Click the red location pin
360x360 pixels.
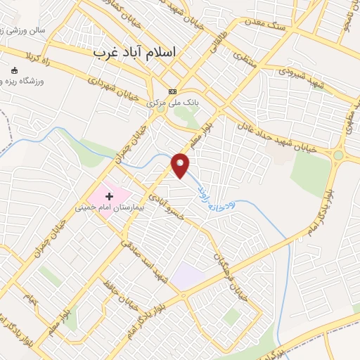coord(181,165)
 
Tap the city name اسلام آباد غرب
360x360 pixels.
coord(138,53)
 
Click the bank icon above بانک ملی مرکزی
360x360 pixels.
coord(173,91)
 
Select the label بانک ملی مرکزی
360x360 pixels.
coord(174,102)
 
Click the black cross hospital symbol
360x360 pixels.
coord(109,195)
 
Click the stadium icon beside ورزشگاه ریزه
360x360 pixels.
coord(15,70)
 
